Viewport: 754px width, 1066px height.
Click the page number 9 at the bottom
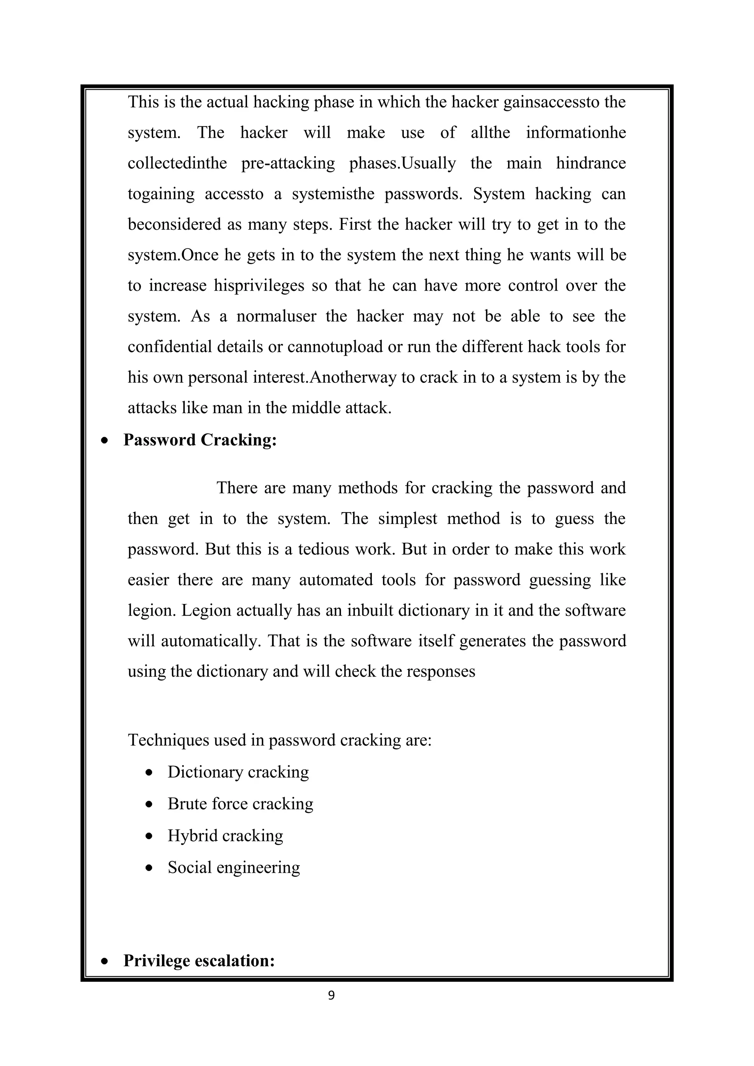click(331, 995)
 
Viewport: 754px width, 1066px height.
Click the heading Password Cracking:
click(200, 440)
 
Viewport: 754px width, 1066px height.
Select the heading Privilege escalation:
click(199, 960)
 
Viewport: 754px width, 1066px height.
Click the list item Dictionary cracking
click(238, 772)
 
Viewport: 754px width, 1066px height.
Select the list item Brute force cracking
click(240, 804)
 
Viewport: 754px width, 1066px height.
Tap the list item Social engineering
click(233, 867)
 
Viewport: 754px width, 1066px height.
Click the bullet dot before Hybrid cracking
click(149, 836)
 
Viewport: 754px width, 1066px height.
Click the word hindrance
click(591, 163)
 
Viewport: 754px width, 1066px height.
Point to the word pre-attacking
click(288, 163)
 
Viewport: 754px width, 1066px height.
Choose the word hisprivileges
click(258, 285)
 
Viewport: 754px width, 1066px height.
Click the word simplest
click(407, 518)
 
